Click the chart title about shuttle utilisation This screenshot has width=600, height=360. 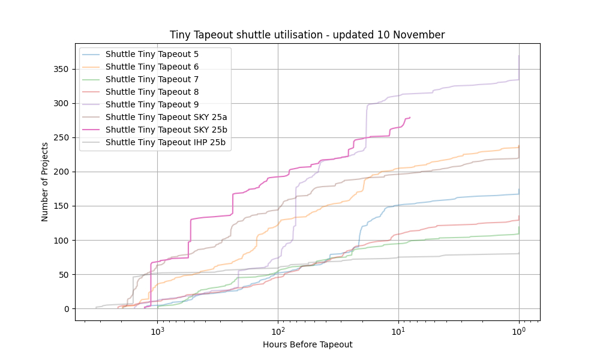(307, 35)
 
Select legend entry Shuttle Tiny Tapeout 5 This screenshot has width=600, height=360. (152, 54)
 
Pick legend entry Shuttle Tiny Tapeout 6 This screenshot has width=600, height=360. (152, 67)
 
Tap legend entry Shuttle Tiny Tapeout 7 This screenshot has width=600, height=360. (152, 79)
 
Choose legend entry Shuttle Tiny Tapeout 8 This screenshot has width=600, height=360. (152, 92)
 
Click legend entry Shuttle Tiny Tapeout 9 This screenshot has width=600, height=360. (152, 104)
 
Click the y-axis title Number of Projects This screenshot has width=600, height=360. (45, 182)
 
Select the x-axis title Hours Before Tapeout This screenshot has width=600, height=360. (307, 344)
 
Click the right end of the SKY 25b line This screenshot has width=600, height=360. (410, 117)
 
